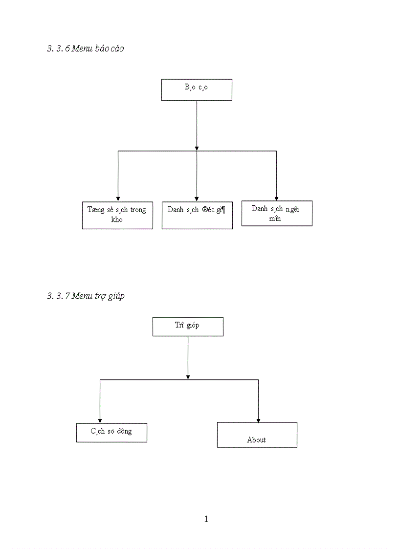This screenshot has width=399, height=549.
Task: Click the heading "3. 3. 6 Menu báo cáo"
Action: (x=86, y=48)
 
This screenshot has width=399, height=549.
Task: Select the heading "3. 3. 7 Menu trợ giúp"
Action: (x=86, y=296)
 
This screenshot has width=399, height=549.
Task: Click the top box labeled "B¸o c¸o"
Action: (x=197, y=90)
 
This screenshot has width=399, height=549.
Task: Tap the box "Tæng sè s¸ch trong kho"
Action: (x=117, y=215)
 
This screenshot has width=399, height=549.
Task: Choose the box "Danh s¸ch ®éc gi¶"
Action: (x=197, y=215)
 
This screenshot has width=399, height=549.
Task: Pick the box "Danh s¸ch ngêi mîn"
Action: (x=277, y=213)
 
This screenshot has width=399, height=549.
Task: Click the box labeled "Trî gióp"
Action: (x=188, y=326)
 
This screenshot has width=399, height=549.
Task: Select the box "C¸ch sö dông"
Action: (x=111, y=433)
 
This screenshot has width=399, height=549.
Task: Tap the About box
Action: (x=257, y=435)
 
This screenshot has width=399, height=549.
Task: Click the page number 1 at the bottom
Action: (x=206, y=519)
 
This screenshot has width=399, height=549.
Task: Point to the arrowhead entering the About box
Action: (x=258, y=420)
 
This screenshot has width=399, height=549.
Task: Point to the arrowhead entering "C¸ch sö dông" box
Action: (x=100, y=420)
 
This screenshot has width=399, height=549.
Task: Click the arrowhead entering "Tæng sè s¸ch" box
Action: (x=118, y=198)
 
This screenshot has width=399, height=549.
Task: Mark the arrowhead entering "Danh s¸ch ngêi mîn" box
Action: (x=276, y=198)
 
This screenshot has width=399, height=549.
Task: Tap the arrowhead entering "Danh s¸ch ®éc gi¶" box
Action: (x=197, y=198)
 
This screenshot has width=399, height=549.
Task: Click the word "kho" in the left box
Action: (x=117, y=220)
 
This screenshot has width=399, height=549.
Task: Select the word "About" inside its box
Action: (x=256, y=439)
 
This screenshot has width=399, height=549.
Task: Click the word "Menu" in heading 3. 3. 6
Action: (x=82, y=48)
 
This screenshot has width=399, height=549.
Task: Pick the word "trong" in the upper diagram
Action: (x=138, y=209)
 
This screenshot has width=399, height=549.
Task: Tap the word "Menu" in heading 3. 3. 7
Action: (x=82, y=296)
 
